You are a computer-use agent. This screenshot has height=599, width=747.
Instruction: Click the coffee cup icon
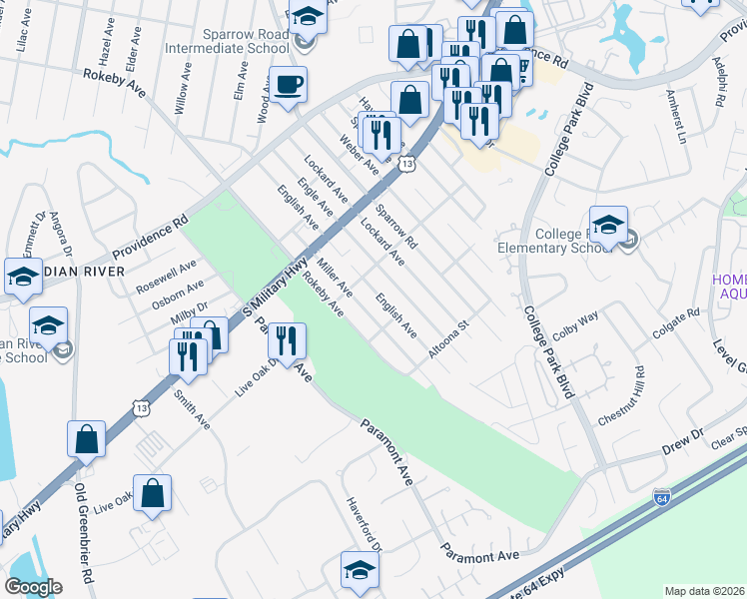(x=289, y=85)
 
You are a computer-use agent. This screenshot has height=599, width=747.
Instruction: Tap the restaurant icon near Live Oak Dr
(x=286, y=341)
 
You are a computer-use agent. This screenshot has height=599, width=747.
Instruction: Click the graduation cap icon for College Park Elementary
(x=607, y=226)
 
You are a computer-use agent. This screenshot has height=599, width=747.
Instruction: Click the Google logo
(x=33, y=587)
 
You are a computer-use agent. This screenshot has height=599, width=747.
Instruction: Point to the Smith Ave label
(x=191, y=409)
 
